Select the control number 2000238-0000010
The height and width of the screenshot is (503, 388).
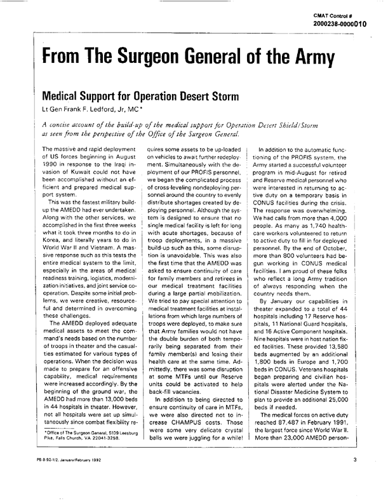coord(349,23)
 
